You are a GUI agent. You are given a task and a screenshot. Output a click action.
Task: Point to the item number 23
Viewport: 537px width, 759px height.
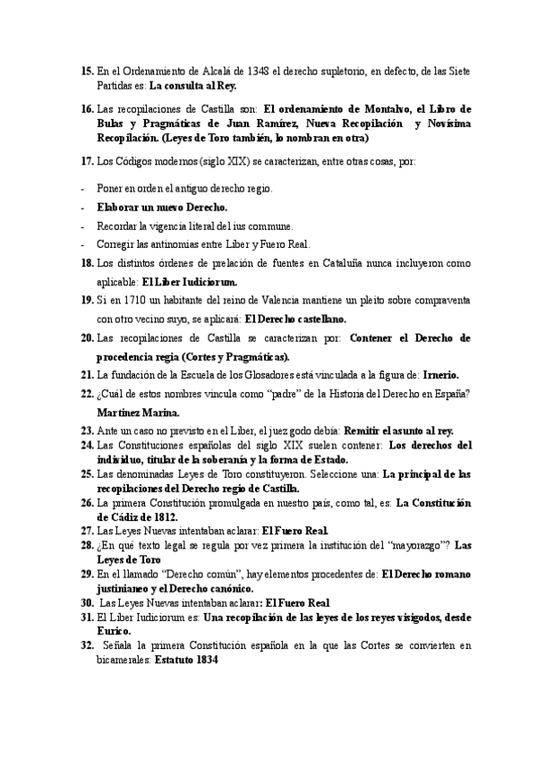[x=87, y=431]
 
